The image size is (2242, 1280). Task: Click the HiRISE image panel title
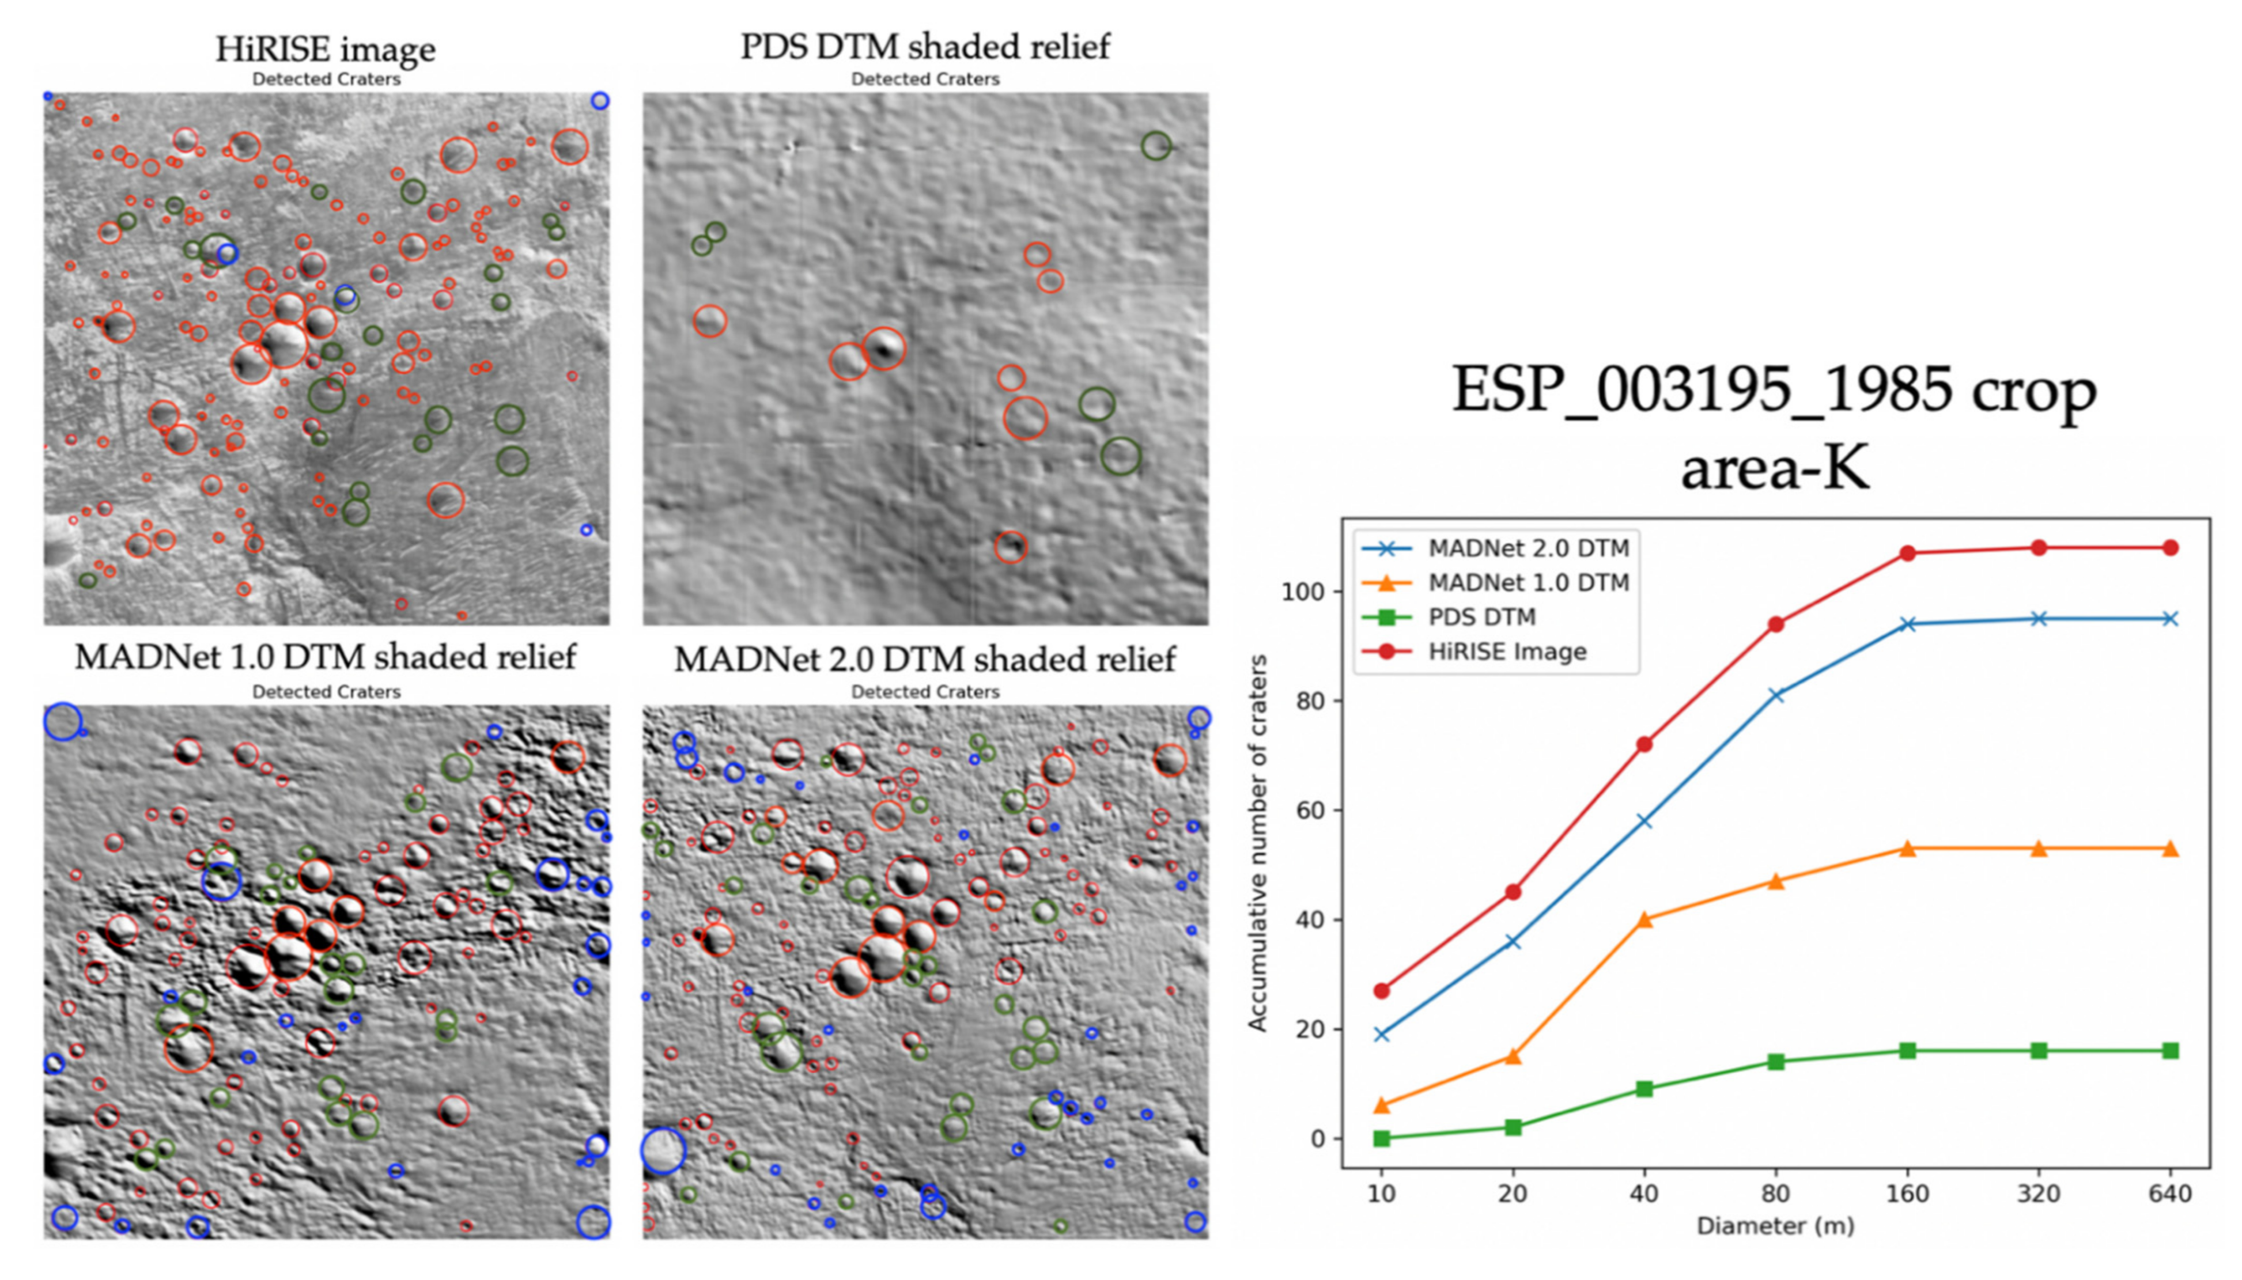(x=326, y=48)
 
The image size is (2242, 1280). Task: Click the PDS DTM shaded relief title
(x=925, y=46)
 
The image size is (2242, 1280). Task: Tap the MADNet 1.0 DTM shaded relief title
(x=326, y=657)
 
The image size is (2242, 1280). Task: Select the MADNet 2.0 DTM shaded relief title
(x=925, y=658)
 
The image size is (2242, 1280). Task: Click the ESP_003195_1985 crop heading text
(x=1774, y=389)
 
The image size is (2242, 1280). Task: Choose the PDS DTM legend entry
(x=1481, y=617)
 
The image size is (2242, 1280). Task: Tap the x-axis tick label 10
(x=1381, y=1194)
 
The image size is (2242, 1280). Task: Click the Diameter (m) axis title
(x=1774, y=1225)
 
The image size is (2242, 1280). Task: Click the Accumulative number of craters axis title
(x=1258, y=842)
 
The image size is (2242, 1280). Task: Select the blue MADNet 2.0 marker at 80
(x=1775, y=695)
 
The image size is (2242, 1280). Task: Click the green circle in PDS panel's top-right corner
(x=1156, y=146)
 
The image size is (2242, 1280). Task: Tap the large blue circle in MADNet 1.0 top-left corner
(x=62, y=722)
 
